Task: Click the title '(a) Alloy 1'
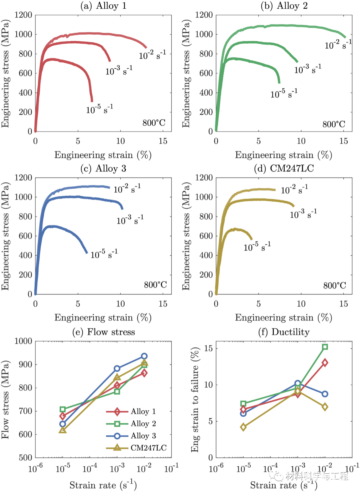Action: tap(103, 6)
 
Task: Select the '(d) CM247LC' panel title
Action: tap(284, 168)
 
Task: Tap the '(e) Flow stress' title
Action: tap(103, 332)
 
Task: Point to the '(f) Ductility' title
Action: tap(284, 332)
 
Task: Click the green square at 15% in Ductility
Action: tap(325, 347)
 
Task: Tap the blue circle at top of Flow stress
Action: tap(144, 356)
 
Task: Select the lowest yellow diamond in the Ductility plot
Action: tap(243, 427)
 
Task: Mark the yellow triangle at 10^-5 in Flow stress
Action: tap(63, 430)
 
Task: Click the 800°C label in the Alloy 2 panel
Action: tap(334, 124)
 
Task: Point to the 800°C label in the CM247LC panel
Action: tap(334, 285)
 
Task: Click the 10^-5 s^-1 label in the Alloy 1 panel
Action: tap(99, 109)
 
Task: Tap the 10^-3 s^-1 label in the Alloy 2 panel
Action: tap(308, 69)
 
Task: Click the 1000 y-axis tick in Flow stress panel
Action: tap(23, 341)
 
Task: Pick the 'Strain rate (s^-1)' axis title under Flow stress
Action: tap(103, 485)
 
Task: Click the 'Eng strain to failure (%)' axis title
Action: tap(195, 400)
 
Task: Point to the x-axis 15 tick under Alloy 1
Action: tap(163, 141)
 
